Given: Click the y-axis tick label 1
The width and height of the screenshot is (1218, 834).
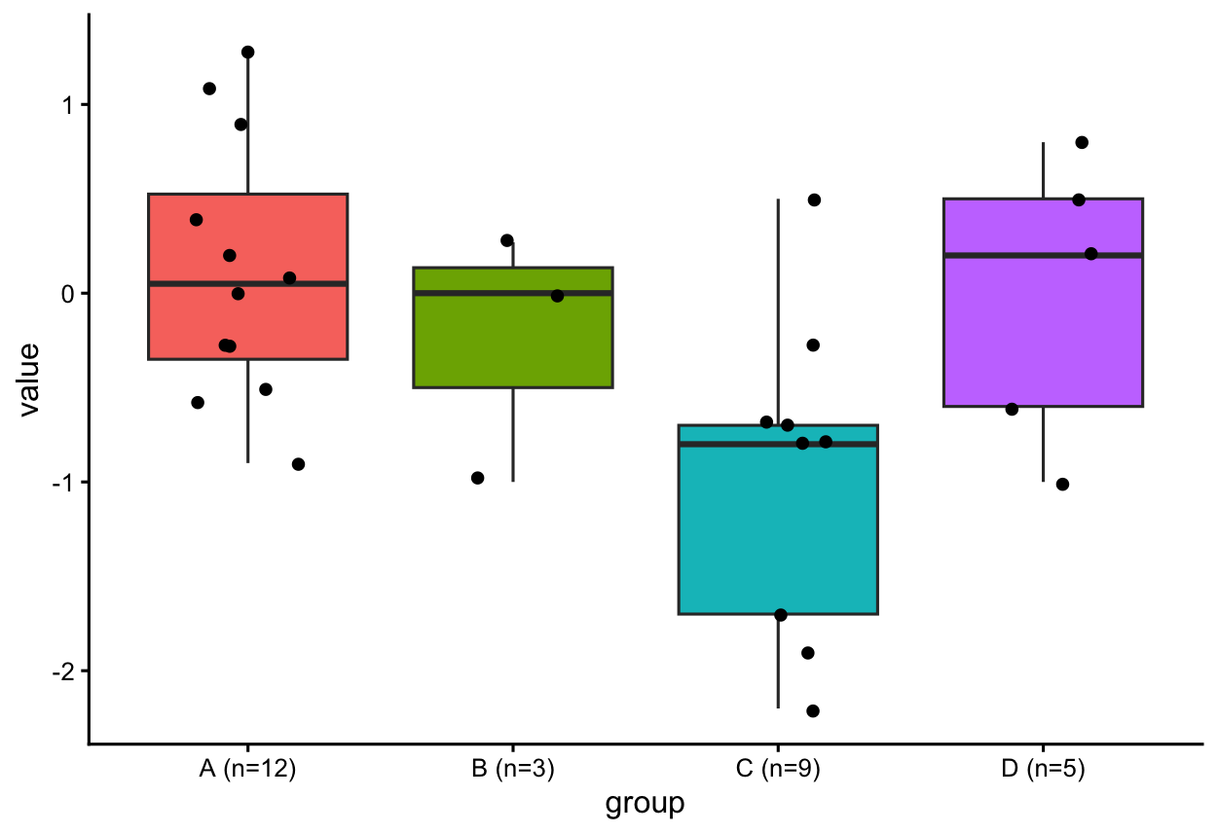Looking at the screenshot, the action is point(68,105).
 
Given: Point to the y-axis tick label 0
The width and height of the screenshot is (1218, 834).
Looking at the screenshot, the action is point(68,295).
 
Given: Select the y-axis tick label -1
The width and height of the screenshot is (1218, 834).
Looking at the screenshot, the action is point(63,483).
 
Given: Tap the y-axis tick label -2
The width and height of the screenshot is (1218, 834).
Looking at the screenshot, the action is point(63,672).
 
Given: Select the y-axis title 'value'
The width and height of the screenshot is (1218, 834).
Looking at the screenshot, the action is point(29,380).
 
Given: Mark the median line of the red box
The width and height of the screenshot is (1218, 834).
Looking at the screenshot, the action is point(248,283).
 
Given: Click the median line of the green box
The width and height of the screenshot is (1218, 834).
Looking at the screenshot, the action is point(513,293).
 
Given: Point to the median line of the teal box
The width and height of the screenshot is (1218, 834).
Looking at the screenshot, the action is point(778,444).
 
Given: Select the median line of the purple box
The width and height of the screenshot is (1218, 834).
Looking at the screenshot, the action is point(1044,255).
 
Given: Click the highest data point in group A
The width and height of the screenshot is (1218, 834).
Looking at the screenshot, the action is point(248,53).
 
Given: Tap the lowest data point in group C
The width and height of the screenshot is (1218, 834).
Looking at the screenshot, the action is point(813,710).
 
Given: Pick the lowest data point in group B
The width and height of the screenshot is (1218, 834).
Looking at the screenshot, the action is point(477,478).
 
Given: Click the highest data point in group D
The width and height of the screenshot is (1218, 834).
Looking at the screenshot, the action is point(1082,142).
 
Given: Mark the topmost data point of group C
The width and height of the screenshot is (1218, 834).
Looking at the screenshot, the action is point(814,199).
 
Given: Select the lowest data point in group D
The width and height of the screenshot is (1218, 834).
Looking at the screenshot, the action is point(1062,484).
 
